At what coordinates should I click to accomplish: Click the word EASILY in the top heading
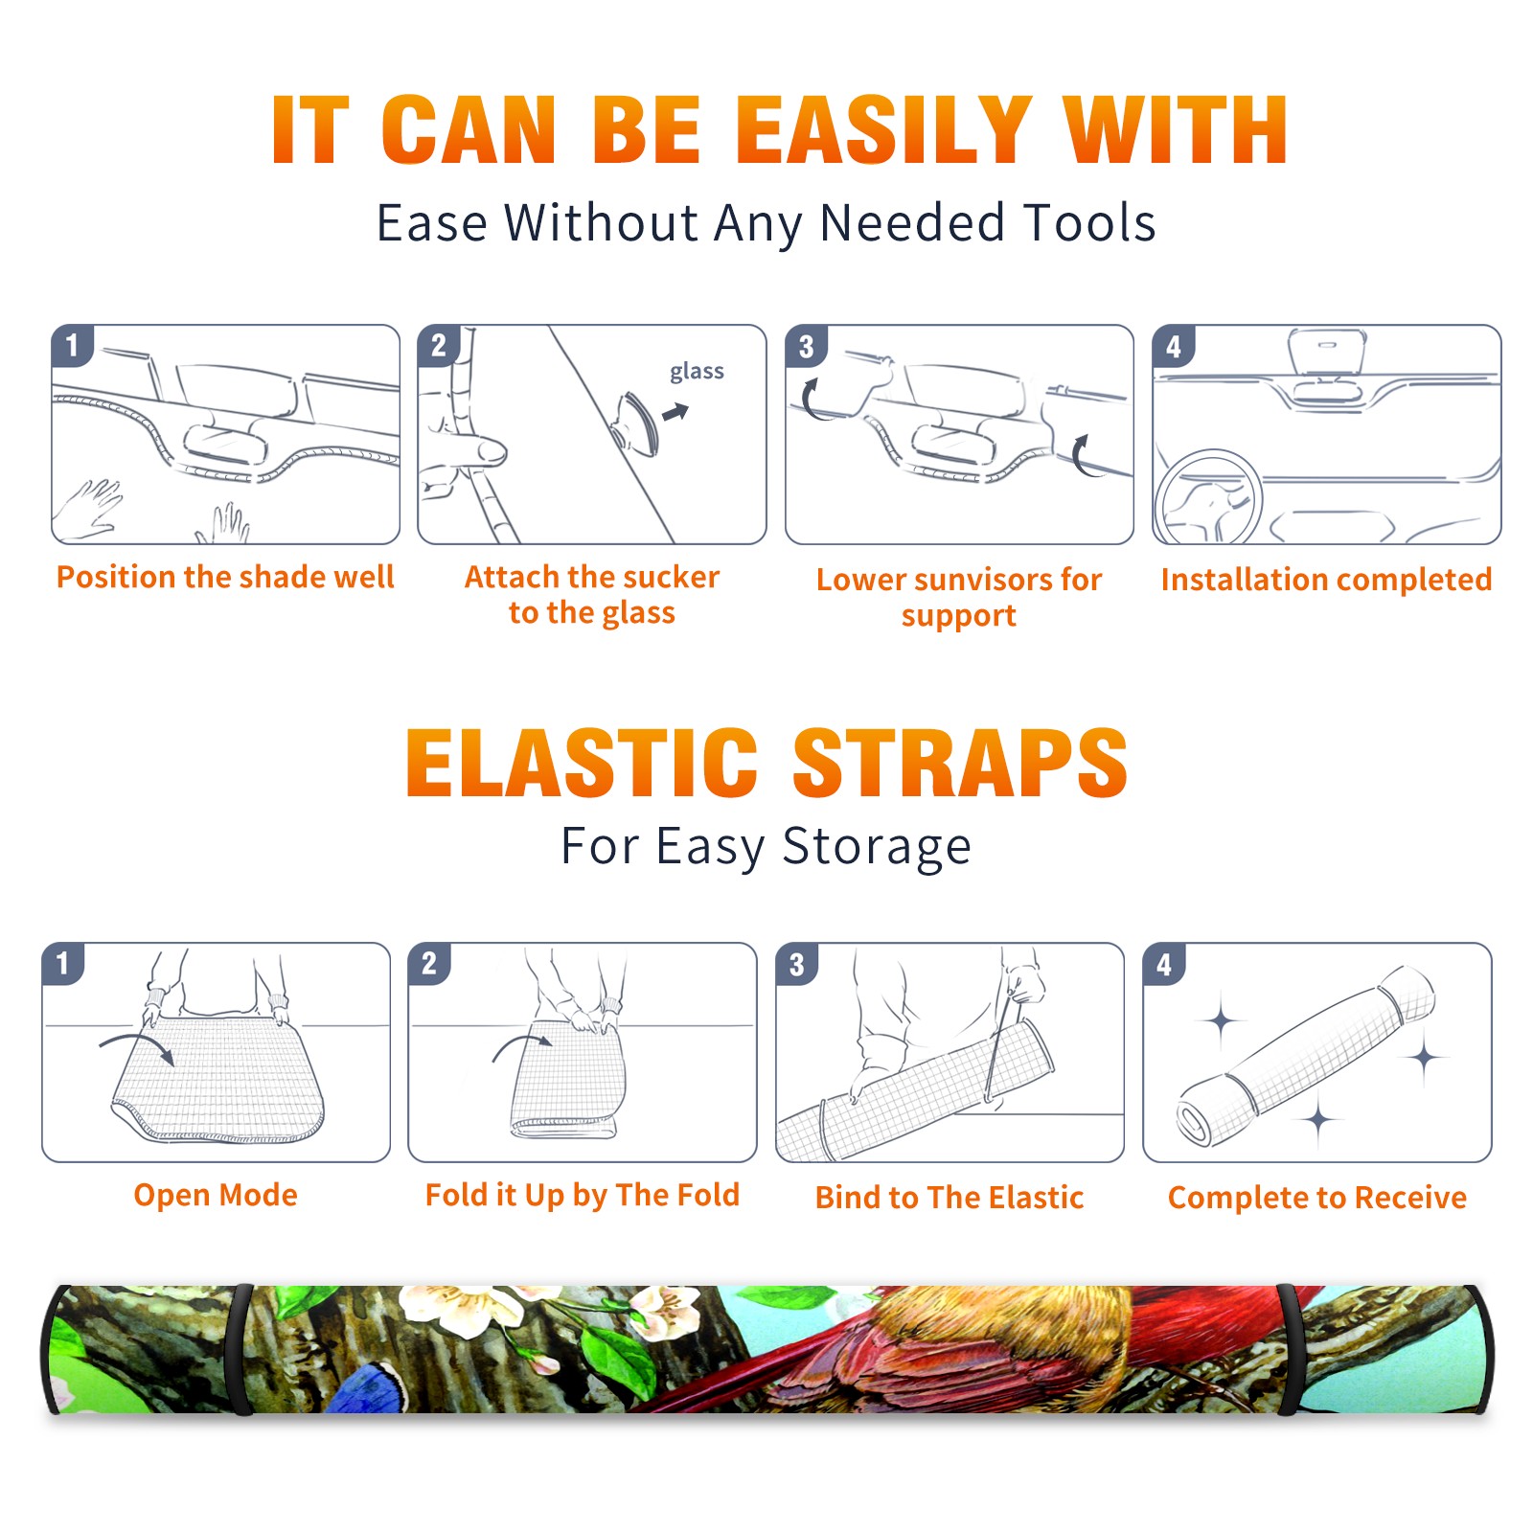click(883, 131)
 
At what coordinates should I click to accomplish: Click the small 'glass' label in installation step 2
click(697, 372)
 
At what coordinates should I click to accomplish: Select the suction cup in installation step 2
click(636, 422)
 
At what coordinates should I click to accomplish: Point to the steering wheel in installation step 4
click(1208, 497)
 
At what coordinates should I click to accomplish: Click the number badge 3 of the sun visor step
click(806, 346)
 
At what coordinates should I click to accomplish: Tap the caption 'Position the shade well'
click(225, 577)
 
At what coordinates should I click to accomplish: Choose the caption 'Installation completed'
click(1326, 579)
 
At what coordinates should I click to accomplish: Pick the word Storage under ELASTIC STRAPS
click(877, 847)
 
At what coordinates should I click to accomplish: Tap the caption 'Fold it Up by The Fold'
click(583, 1195)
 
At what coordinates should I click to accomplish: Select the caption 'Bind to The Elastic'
click(950, 1198)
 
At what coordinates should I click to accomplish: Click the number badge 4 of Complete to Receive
click(1164, 964)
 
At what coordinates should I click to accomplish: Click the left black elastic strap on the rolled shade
click(241, 1350)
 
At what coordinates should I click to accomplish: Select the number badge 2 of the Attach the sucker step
click(438, 346)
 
